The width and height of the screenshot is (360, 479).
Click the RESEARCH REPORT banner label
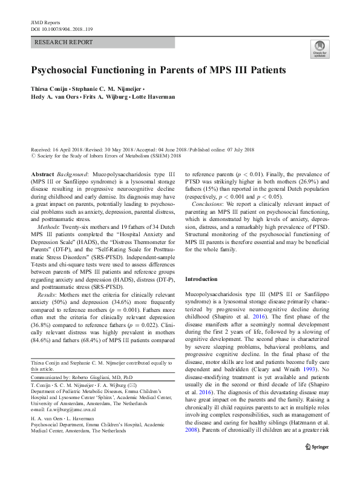(x=65, y=42)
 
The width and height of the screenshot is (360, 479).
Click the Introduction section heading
(x=201, y=279)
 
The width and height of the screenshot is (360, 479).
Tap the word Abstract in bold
(x=42, y=173)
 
